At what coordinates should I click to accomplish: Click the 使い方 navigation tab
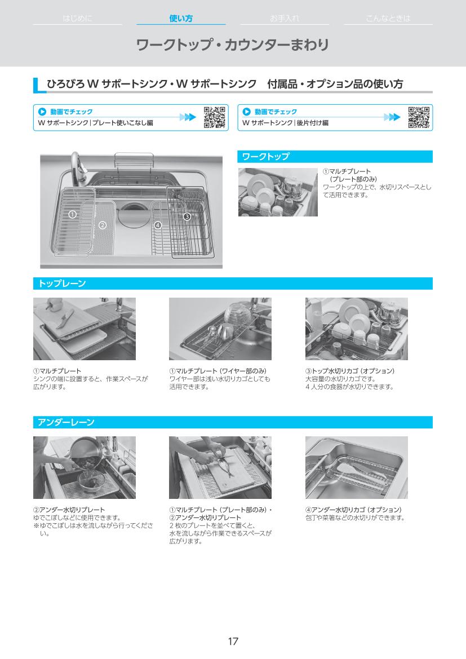tap(181, 18)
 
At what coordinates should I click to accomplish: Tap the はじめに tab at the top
tap(77, 18)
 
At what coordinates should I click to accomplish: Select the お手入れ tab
tap(285, 18)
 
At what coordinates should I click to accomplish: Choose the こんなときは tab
tap(388, 18)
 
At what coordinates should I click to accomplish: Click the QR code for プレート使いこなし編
tap(214, 117)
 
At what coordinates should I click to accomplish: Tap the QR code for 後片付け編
tap(419, 117)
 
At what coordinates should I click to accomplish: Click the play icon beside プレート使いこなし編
tap(42, 112)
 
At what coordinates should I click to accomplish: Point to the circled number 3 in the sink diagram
tap(187, 216)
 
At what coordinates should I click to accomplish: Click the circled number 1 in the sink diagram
tap(72, 214)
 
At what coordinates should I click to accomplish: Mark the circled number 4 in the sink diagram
tap(158, 225)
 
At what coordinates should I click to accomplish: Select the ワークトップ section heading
tap(265, 156)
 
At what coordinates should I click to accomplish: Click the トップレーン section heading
tap(62, 283)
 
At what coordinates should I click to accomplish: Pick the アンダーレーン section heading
tap(66, 422)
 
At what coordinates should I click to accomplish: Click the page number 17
tap(233, 642)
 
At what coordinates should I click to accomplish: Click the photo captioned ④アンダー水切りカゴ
tap(356, 467)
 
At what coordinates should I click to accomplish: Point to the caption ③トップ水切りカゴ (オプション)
tap(349, 371)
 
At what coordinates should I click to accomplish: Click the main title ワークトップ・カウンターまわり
tap(232, 45)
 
